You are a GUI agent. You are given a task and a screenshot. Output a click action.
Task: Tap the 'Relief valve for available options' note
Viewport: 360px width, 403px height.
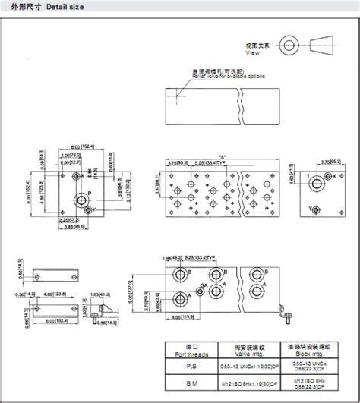point(228,75)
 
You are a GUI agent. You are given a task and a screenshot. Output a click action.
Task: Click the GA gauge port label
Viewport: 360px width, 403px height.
point(181,285)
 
